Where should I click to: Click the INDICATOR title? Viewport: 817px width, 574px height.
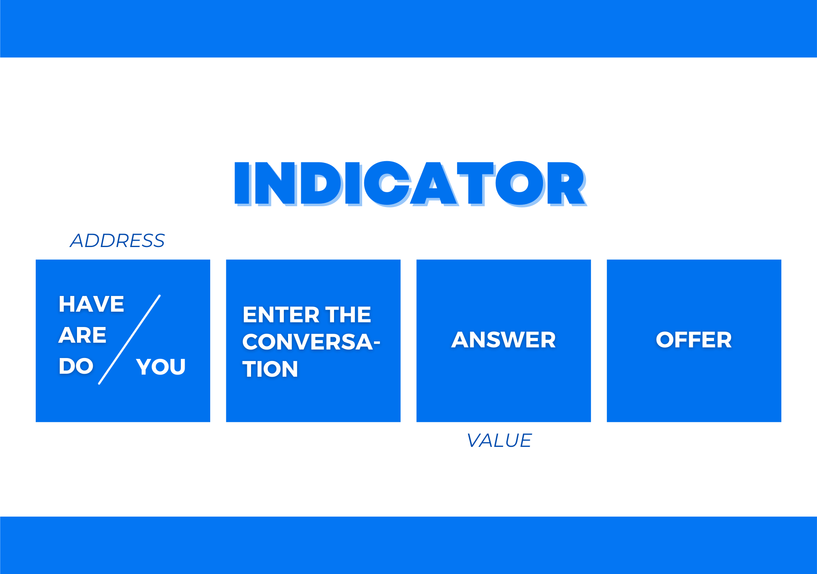click(410, 184)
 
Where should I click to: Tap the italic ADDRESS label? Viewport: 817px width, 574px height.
click(117, 241)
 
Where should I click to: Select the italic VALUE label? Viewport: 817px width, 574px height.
click(499, 440)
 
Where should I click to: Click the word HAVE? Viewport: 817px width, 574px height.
click(91, 304)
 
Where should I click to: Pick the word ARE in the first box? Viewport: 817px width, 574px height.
click(83, 335)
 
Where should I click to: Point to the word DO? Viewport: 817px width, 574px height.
click(76, 366)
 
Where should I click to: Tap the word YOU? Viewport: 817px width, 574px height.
click(161, 367)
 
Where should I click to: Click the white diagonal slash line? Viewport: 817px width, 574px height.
click(129, 339)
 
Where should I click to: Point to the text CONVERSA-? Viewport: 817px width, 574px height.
click(311, 342)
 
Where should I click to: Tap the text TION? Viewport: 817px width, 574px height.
click(270, 369)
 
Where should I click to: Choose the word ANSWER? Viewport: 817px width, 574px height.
click(503, 340)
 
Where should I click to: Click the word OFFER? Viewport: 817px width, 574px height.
click(694, 340)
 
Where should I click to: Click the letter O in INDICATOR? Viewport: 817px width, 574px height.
click(519, 184)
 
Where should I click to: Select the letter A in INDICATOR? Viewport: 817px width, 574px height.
click(434, 184)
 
